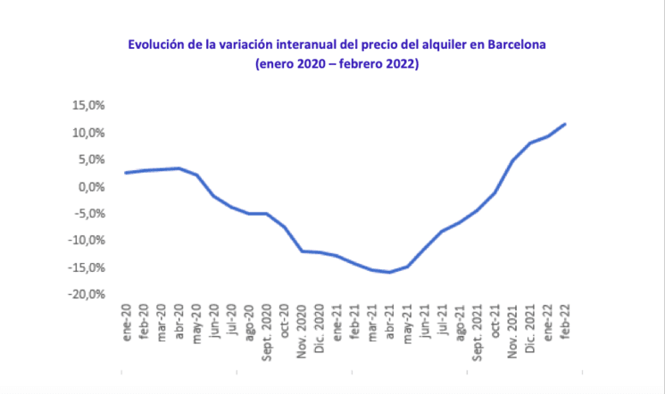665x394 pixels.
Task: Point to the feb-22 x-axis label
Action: click(x=565, y=318)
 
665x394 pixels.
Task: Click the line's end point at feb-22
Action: click(x=565, y=124)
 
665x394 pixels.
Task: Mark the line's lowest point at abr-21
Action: click(x=389, y=272)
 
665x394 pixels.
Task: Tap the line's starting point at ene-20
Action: click(x=126, y=173)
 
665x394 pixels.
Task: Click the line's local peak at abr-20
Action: click(x=179, y=168)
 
